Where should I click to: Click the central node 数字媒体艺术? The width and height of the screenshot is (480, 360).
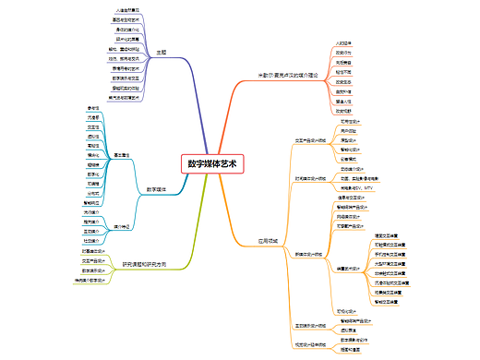tap(211, 163)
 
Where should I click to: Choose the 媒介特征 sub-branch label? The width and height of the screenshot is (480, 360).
tap(122, 225)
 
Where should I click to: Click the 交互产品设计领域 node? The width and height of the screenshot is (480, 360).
tap(309, 140)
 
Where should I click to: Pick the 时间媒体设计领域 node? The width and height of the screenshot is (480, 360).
tap(310, 178)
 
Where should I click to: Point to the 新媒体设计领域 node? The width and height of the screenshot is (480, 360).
tap(309, 253)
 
